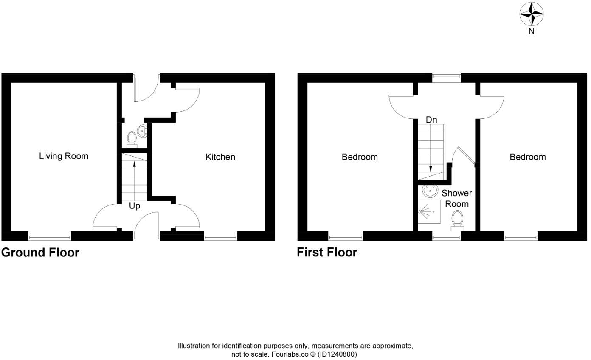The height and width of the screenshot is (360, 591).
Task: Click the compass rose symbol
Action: [532, 14]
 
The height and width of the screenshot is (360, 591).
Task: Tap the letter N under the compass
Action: [532, 31]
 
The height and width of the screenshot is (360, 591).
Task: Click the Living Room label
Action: [64, 156]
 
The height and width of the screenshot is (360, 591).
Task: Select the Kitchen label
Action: [220, 157]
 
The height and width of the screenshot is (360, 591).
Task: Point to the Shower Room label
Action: [456, 198]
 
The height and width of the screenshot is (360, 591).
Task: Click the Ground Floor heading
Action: [40, 252]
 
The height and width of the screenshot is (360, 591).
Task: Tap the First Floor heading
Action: [327, 252]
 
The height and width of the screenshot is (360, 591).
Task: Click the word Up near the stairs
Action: [135, 206]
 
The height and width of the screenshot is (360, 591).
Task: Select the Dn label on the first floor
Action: [431, 120]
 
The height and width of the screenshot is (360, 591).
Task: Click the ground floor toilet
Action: [132, 138]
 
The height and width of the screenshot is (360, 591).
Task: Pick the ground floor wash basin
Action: [143, 131]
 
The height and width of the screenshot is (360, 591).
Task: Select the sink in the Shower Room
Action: [430, 191]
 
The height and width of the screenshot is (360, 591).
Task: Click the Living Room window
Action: [49, 236]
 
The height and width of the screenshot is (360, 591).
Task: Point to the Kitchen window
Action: [220, 236]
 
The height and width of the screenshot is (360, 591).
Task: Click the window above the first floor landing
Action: [446, 77]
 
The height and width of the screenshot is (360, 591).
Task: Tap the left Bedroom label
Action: [360, 157]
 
